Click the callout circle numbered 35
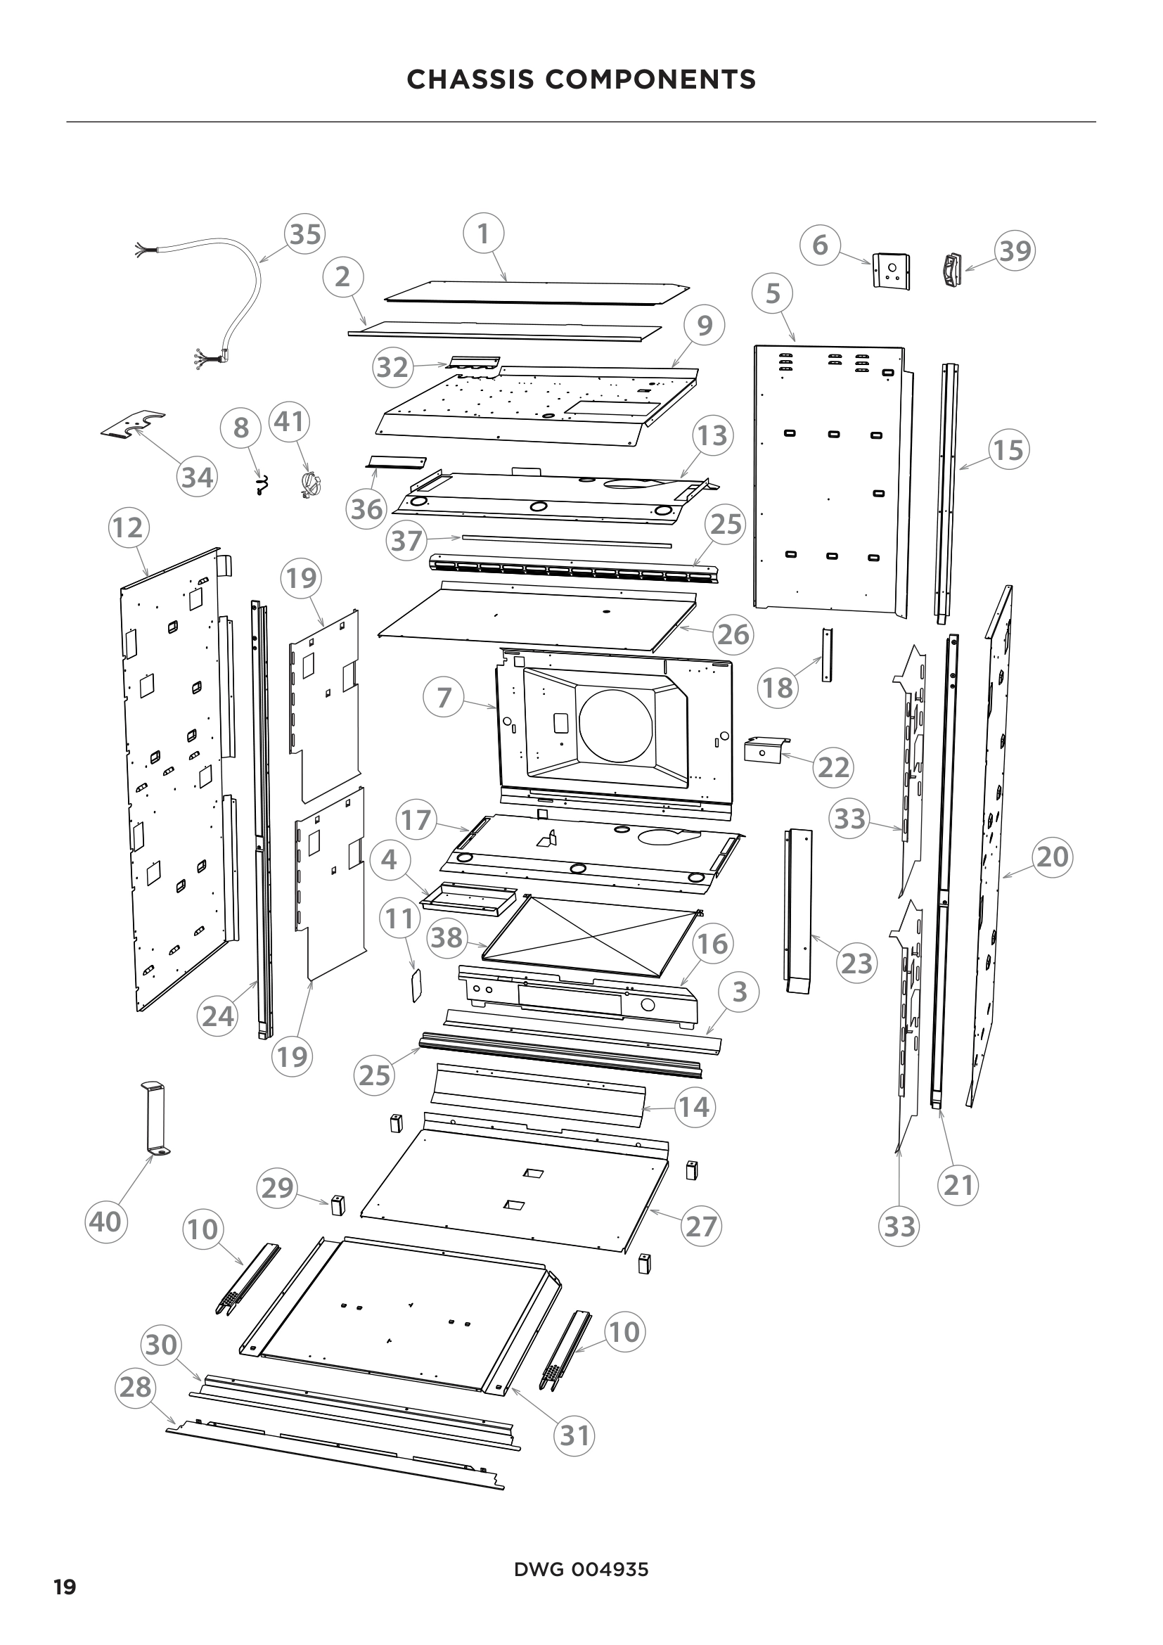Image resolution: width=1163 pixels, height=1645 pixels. [305, 233]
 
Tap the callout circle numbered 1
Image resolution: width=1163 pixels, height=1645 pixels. [483, 233]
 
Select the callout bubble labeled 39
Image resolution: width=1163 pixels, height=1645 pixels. [1015, 251]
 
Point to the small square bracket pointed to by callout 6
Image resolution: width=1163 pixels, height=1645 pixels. [892, 271]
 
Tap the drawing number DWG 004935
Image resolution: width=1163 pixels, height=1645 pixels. [581, 1570]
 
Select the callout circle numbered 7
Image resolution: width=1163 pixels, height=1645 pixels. [444, 697]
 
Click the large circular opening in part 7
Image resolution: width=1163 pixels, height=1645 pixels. [616, 724]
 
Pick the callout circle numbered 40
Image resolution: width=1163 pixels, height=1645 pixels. [106, 1222]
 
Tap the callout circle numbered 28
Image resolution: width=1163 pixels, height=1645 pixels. [135, 1388]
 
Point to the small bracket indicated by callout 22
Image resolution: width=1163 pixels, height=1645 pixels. [765, 751]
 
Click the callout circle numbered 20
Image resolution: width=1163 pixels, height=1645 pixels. [1052, 857]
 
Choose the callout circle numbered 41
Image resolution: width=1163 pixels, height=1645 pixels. [289, 422]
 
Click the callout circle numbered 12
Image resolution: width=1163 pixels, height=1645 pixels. [128, 528]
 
